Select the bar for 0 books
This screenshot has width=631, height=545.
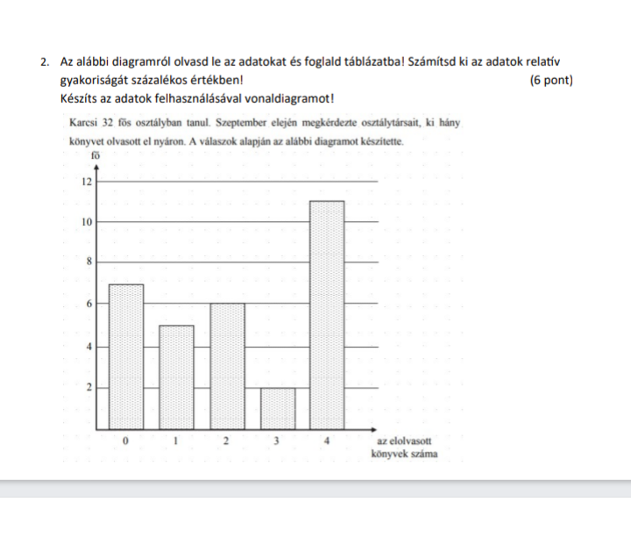(x=125, y=355)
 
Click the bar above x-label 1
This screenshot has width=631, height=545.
(x=176, y=377)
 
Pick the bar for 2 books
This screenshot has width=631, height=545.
(x=227, y=366)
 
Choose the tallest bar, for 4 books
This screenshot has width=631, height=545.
(x=327, y=316)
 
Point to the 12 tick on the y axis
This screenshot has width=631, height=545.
(x=86, y=183)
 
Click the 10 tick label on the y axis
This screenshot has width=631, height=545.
(x=86, y=223)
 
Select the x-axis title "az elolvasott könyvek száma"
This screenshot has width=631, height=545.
(x=406, y=448)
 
